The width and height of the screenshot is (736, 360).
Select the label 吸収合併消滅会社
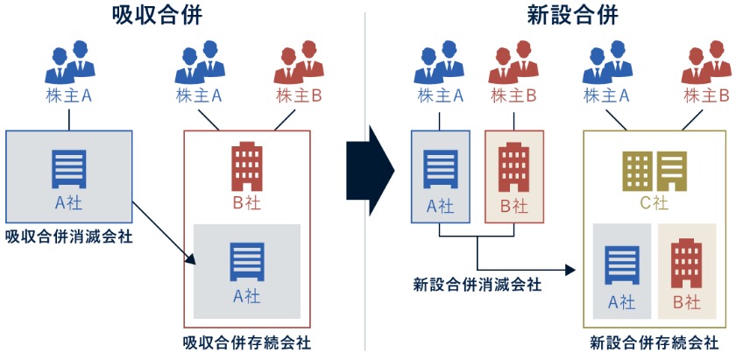tap(69, 236)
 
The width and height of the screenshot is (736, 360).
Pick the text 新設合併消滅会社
tap(477, 285)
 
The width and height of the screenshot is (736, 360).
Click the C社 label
tap(654, 204)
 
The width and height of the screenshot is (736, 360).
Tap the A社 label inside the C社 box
tap(621, 302)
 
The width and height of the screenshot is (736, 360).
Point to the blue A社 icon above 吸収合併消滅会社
tap(69, 167)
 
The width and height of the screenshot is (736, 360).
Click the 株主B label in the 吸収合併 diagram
tap(298, 95)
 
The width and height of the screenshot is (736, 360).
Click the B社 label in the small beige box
tap(513, 207)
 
